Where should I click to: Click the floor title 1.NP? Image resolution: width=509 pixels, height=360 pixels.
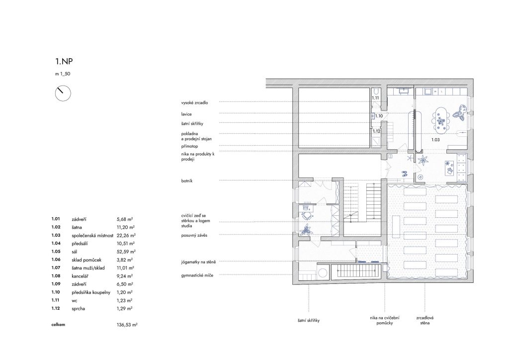coord(64,61)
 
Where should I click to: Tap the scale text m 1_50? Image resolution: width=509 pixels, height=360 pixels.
coord(63,74)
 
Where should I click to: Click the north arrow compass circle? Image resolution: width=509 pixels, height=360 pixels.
coord(63,93)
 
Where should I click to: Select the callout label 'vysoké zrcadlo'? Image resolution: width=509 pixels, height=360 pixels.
coord(194,103)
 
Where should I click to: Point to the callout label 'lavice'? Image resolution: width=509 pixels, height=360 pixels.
coord(186,114)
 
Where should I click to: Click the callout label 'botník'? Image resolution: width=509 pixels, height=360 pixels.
coord(187,181)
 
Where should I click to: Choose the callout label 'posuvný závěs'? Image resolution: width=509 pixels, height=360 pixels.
coord(194,235)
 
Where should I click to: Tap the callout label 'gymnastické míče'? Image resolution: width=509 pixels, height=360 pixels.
coord(197,275)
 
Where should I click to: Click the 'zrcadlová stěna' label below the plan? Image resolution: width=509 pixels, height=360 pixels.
coord(424,320)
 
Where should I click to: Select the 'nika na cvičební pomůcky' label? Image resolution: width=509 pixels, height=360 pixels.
coord(385,320)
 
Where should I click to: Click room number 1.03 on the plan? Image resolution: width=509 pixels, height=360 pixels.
coord(435,140)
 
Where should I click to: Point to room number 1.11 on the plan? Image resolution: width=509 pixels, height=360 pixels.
coord(375,98)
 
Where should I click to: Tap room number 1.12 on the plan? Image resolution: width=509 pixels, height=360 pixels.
coord(376,131)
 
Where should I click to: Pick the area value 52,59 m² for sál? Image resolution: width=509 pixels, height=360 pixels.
coord(126,252)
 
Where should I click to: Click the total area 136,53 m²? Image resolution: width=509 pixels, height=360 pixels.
coord(127,325)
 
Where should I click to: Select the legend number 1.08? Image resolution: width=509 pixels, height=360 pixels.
coord(56,276)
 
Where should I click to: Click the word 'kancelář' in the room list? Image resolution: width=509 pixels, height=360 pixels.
coord(80,276)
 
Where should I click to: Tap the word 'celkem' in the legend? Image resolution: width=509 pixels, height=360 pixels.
coord(58,325)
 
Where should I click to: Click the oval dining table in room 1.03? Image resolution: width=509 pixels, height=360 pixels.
coord(441,119)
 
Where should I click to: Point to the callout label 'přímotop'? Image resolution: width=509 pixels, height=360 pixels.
coord(189,146)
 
